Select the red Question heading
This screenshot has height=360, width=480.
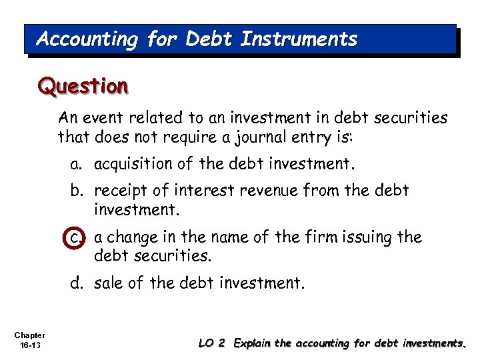pyautogui.click(x=83, y=86)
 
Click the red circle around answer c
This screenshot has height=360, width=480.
pyautogui.click(x=79, y=237)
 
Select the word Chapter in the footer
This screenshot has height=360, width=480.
pyautogui.click(x=29, y=335)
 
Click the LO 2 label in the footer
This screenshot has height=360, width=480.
pyautogui.click(x=213, y=343)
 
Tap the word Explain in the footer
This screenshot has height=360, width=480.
pyautogui.click(x=253, y=344)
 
